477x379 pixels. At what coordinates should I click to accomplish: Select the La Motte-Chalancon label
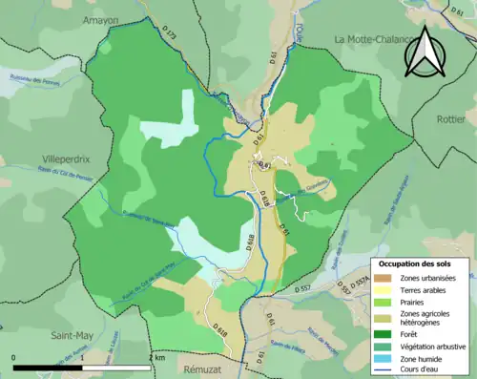click(378, 38)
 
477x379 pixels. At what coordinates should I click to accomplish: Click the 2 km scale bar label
click(156, 358)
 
